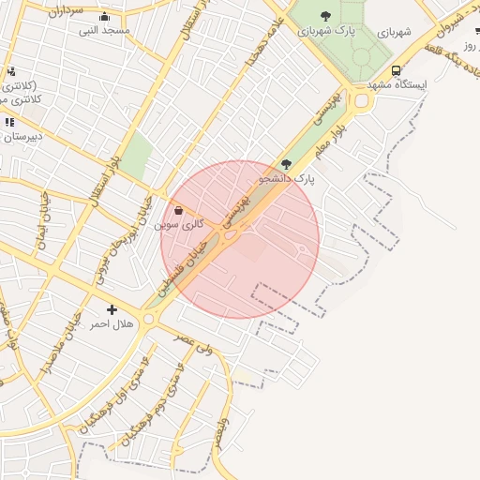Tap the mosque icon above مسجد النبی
[x=103, y=16]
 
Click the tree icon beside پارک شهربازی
[x=325, y=15]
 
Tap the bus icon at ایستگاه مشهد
[x=397, y=70]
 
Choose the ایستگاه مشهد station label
[x=396, y=84]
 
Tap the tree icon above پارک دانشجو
[x=286, y=163]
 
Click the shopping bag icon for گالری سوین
[x=179, y=211]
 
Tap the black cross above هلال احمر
[x=112, y=309]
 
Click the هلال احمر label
[x=112, y=323]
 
